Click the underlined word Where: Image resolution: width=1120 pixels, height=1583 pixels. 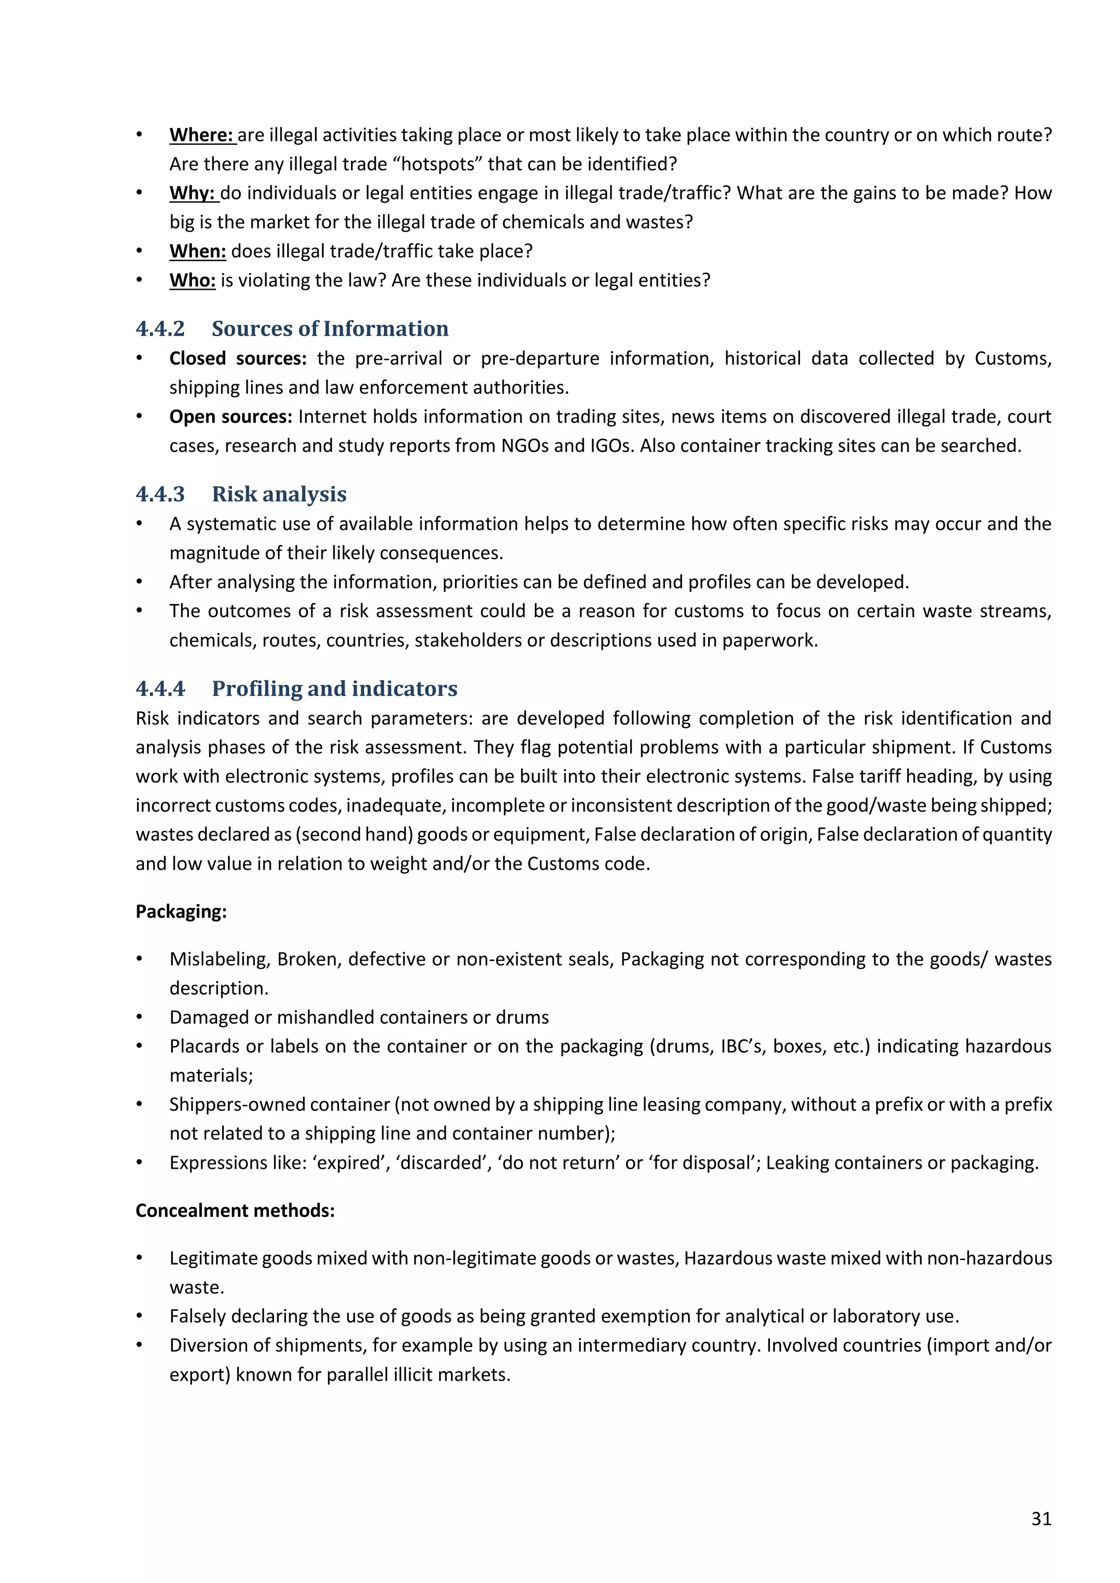click(201, 135)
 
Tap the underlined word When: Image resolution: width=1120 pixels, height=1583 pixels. click(197, 251)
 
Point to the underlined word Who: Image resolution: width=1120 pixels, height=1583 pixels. click(192, 280)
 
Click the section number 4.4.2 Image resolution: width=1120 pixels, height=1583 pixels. click(160, 329)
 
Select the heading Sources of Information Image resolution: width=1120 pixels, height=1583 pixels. click(330, 329)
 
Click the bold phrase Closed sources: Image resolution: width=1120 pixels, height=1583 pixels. click(237, 359)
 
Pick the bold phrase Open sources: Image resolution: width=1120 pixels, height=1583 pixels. click(230, 417)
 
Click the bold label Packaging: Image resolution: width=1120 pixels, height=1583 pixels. click(180, 911)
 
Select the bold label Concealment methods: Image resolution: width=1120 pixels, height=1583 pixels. click(235, 1211)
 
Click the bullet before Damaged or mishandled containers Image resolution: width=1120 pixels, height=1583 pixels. click(139, 1018)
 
